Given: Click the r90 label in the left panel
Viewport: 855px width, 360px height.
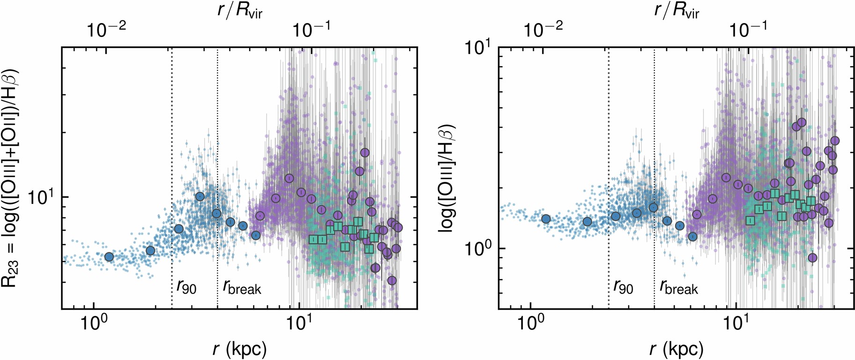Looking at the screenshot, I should click(x=186, y=286).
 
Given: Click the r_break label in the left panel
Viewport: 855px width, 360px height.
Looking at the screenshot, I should click(x=242, y=286).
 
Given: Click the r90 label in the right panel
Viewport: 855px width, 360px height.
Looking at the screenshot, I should click(x=623, y=286).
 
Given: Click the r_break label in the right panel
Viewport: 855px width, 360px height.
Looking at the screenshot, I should click(x=678, y=286).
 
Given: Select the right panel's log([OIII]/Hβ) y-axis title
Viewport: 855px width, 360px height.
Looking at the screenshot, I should click(x=447, y=178).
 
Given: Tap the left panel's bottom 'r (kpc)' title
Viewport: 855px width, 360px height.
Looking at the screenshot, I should click(x=239, y=348).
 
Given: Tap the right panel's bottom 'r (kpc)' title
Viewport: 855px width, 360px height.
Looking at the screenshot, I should click(x=676, y=348).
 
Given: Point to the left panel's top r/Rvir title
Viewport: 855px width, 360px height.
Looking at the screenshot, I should click(x=239, y=10).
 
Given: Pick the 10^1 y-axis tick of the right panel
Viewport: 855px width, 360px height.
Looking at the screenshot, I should click(x=479, y=49).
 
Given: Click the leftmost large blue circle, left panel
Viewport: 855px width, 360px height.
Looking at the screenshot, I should click(x=109, y=256).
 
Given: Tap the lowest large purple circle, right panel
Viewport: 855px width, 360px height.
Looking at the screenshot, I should click(x=812, y=257).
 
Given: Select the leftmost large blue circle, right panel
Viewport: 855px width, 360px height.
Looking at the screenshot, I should click(x=546, y=218).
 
